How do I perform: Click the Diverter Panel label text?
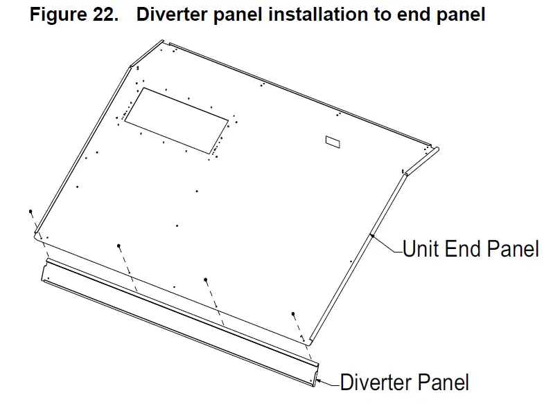click(x=404, y=382)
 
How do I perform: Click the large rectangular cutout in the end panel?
click(x=176, y=120)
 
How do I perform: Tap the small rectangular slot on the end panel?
click(x=333, y=141)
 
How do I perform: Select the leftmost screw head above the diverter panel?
click(x=30, y=211)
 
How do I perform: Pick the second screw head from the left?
click(x=119, y=246)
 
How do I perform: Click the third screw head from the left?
click(x=206, y=279)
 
